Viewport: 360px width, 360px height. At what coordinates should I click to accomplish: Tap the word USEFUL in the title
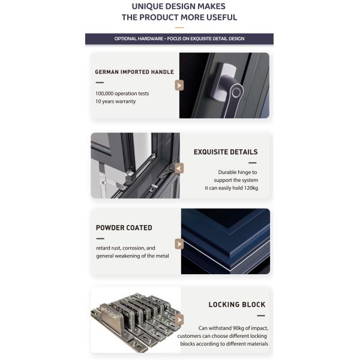click(x=221, y=17)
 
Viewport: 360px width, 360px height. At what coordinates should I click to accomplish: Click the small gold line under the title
click(x=179, y=28)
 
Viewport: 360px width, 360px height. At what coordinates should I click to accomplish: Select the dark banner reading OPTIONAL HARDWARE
click(x=179, y=39)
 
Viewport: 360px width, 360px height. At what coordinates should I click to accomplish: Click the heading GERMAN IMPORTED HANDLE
click(x=134, y=72)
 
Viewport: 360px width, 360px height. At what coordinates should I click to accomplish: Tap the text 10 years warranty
click(x=115, y=101)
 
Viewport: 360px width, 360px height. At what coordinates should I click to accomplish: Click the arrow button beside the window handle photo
click(x=179, y=85)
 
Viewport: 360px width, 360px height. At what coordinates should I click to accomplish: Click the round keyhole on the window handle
click(x=236, y=92)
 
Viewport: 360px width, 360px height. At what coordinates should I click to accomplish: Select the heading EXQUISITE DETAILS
click(x=226, y=152)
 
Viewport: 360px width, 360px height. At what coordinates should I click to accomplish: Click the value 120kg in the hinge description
click(x=251, y=188)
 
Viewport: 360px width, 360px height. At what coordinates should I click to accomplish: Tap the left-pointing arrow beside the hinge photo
click(x=179, y=168)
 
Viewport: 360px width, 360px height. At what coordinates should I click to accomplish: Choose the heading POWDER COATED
click(x=124, y=228)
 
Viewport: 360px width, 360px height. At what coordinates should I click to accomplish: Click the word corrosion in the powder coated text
click(x=134, y=248)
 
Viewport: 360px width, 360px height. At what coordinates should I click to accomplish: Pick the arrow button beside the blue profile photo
click(x=179, y=244)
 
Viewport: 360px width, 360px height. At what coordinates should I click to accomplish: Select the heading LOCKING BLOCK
click(x=237, y=305)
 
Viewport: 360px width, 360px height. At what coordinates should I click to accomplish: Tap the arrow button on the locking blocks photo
click(x=179, y=320)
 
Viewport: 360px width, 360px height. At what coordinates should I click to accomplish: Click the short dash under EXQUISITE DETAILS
click(x=253, y=163)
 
